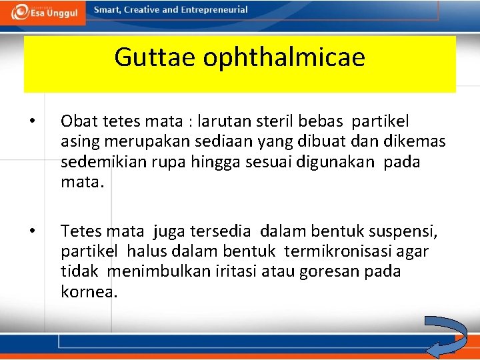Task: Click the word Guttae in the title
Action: (x=155, y=57)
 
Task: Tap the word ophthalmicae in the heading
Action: (x=285, y=58)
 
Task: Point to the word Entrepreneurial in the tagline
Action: (x=214, y=10)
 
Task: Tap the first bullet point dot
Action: (x=32, y=122)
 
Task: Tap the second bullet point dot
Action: (x=32, y=232)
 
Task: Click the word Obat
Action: (x=78, y=121)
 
